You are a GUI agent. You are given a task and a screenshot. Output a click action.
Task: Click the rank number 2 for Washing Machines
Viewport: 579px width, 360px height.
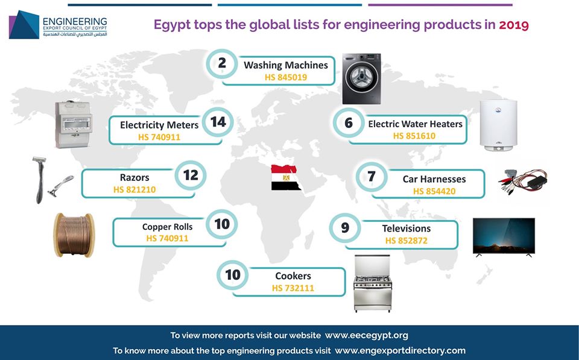coord(222,63)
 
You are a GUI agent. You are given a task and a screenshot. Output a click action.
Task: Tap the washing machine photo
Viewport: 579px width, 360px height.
coord(361,78)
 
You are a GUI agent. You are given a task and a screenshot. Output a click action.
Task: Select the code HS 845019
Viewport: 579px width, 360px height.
coord(286,77)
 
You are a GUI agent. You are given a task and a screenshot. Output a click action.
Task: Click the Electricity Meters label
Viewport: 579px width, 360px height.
coord(159,125)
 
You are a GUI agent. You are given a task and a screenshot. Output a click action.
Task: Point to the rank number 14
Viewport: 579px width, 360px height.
coord(218,122)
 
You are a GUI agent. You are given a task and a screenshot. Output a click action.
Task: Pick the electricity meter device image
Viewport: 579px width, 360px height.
coord(74,124)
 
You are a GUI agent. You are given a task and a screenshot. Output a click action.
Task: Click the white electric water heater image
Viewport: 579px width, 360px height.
coord(499,125)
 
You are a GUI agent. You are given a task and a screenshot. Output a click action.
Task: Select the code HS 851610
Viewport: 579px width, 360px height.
coord(414,136)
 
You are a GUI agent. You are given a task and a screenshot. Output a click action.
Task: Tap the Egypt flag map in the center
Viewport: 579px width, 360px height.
coord(285,178)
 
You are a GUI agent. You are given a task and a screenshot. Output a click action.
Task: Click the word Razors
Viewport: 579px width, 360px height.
coord(134,178)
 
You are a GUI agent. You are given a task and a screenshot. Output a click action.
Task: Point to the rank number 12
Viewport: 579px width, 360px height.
coord(191,175)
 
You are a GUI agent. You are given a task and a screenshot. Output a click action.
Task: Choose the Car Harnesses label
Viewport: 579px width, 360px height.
coord(434,179)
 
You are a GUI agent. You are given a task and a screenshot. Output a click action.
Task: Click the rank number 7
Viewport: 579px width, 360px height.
coord(372,177)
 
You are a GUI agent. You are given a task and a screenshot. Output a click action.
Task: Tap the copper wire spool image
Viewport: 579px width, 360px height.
coord(74,235)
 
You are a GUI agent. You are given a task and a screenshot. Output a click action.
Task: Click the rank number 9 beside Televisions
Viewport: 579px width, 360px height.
coord(345,227)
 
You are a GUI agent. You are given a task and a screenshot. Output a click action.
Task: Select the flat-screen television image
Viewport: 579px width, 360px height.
coord(504,237)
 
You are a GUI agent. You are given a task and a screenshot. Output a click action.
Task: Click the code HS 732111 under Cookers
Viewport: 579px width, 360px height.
coord(293,288)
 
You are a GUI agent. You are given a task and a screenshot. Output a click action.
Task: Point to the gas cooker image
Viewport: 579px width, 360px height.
coord(373,283)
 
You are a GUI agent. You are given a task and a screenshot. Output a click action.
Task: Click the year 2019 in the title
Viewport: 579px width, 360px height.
coord(514,25)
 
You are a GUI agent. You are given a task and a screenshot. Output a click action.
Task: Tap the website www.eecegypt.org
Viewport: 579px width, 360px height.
coord(367,336)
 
